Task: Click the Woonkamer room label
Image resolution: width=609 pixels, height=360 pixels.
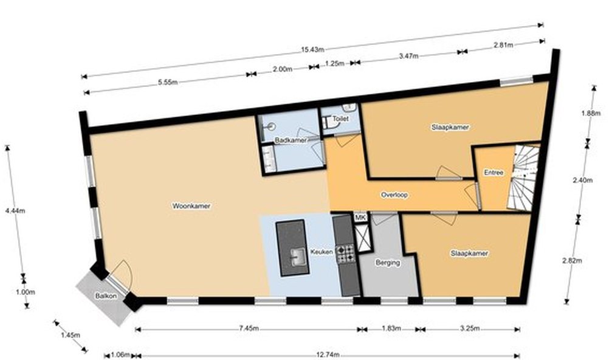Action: click(x=191, y=206)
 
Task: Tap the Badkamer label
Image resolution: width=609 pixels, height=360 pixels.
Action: click(x=291, y=140)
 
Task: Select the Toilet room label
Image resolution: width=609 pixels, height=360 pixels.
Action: click(x=340, y=119)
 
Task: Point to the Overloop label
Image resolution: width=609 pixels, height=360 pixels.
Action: click(x=394, y=195)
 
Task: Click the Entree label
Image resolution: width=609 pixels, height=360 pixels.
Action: click(x=494, y=173)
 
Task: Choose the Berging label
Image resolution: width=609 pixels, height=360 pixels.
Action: click(x=388, y=263)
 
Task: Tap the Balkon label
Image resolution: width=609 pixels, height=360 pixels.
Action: click(x=106, y=296)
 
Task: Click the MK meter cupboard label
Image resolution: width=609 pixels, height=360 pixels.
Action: click(x=360, y=218)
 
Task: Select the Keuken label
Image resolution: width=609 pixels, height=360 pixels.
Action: click(x=322, y=252)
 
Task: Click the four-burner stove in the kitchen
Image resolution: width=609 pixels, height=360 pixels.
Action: click(x=345, y=254)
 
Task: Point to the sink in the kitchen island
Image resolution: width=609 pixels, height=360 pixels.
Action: click(x=298, y=257)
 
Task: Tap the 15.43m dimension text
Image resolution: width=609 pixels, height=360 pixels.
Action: click(x=312, y=50)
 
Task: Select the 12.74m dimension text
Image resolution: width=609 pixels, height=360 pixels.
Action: click(x=328, y=355)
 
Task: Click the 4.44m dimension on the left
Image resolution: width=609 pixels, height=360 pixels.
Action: click(x=15, y=211)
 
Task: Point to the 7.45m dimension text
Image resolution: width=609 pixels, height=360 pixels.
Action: click(x=249, y=328)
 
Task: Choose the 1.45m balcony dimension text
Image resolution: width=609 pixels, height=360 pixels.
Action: click(x=71, y=335)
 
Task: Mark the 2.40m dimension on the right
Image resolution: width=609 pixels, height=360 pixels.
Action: click(x=583, y=180)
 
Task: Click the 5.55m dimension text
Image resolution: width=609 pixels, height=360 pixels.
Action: click(x=168, y=83)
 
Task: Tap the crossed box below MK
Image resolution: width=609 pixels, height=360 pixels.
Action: click(x=363, y=238)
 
